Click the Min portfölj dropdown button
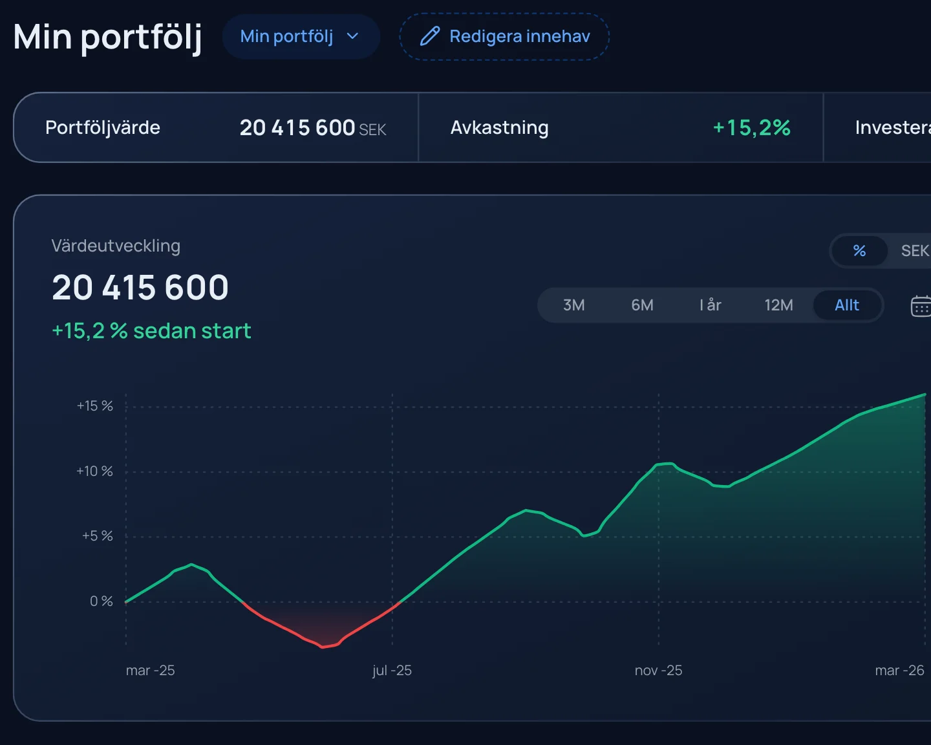click(x=301, y=37)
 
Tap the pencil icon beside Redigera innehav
click(x=430, y=36)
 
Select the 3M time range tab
click(x=573, y=305)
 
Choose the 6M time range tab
click(x=642, y=305)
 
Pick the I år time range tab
click(x=711, y=305)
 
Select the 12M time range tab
click(x=778, y=305)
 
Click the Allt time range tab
click(x=847, y=305)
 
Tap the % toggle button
click(x=860, y=251)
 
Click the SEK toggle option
click(x=915, y=251)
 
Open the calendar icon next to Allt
click(x=921, y=306)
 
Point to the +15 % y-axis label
click(x=95, y=406)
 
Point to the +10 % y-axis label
click(x=95, y=471)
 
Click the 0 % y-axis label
click(x=102, y=601)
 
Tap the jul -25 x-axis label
click(x=392, y=671)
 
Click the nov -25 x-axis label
click(x=658, y=671)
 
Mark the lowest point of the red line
click(x=323, y=647)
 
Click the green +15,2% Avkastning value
click(x=751, y=127)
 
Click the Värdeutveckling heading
click(x=116, y=246)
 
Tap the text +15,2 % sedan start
click(x=151, y=331)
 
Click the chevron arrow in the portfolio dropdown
click(x=353, y=36)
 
